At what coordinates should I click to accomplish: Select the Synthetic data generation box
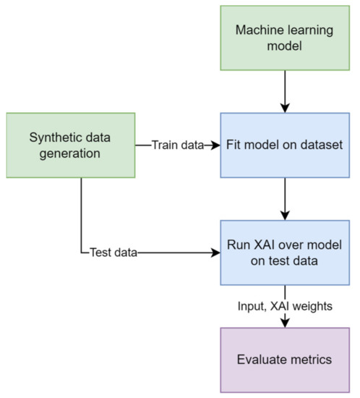[71, 145]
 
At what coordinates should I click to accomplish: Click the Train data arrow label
[177, 145]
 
